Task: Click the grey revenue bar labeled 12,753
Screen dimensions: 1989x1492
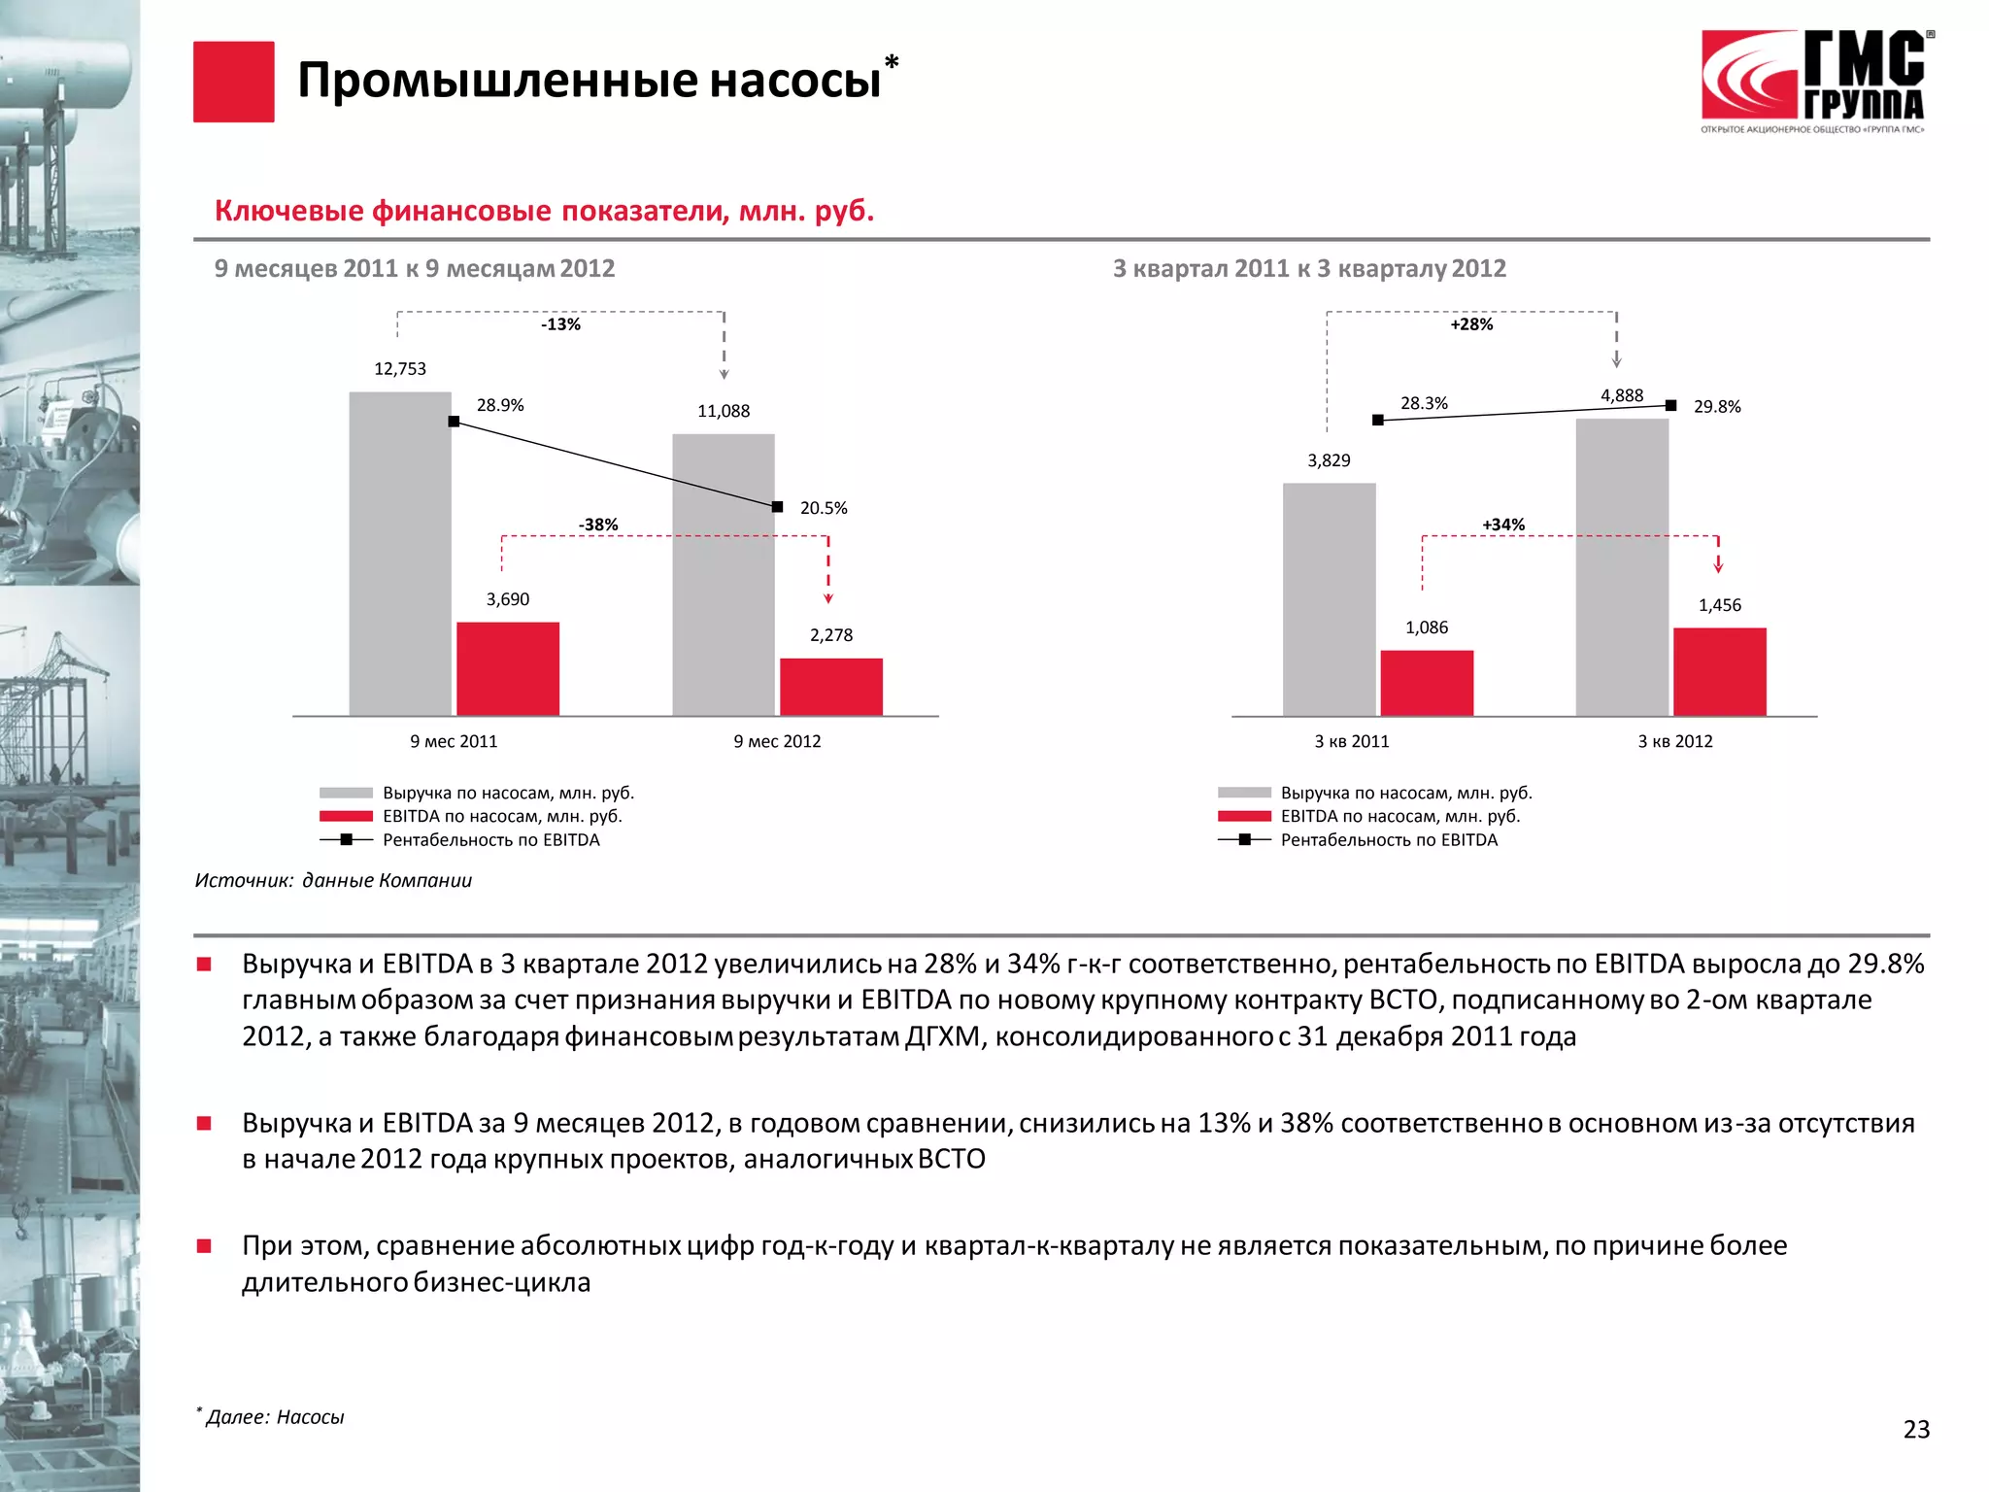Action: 400,554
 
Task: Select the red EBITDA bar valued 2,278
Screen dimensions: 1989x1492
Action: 830,687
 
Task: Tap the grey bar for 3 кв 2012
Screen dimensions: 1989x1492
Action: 1622,567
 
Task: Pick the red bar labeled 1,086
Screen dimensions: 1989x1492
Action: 1427,683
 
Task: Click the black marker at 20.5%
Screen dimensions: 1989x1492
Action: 777,507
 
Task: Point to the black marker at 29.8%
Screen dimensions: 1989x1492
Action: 1670,406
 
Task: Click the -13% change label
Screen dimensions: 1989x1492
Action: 560,324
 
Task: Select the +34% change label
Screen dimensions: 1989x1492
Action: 1502,525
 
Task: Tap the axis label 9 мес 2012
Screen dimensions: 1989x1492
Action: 777,741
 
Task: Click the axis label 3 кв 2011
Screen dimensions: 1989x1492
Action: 1352,741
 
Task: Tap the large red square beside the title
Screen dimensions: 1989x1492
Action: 233,82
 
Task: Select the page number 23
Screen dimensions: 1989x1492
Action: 1916,1429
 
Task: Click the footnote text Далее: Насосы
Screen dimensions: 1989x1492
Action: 275,1417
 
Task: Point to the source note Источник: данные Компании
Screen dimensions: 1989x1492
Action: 333,880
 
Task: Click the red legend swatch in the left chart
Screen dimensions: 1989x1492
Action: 346,817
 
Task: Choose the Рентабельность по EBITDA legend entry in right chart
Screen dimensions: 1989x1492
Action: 1388,840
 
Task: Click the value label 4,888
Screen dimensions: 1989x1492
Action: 1622,395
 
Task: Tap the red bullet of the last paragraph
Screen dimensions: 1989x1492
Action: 204,1246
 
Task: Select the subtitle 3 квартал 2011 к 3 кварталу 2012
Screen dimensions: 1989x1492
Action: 1309,268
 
